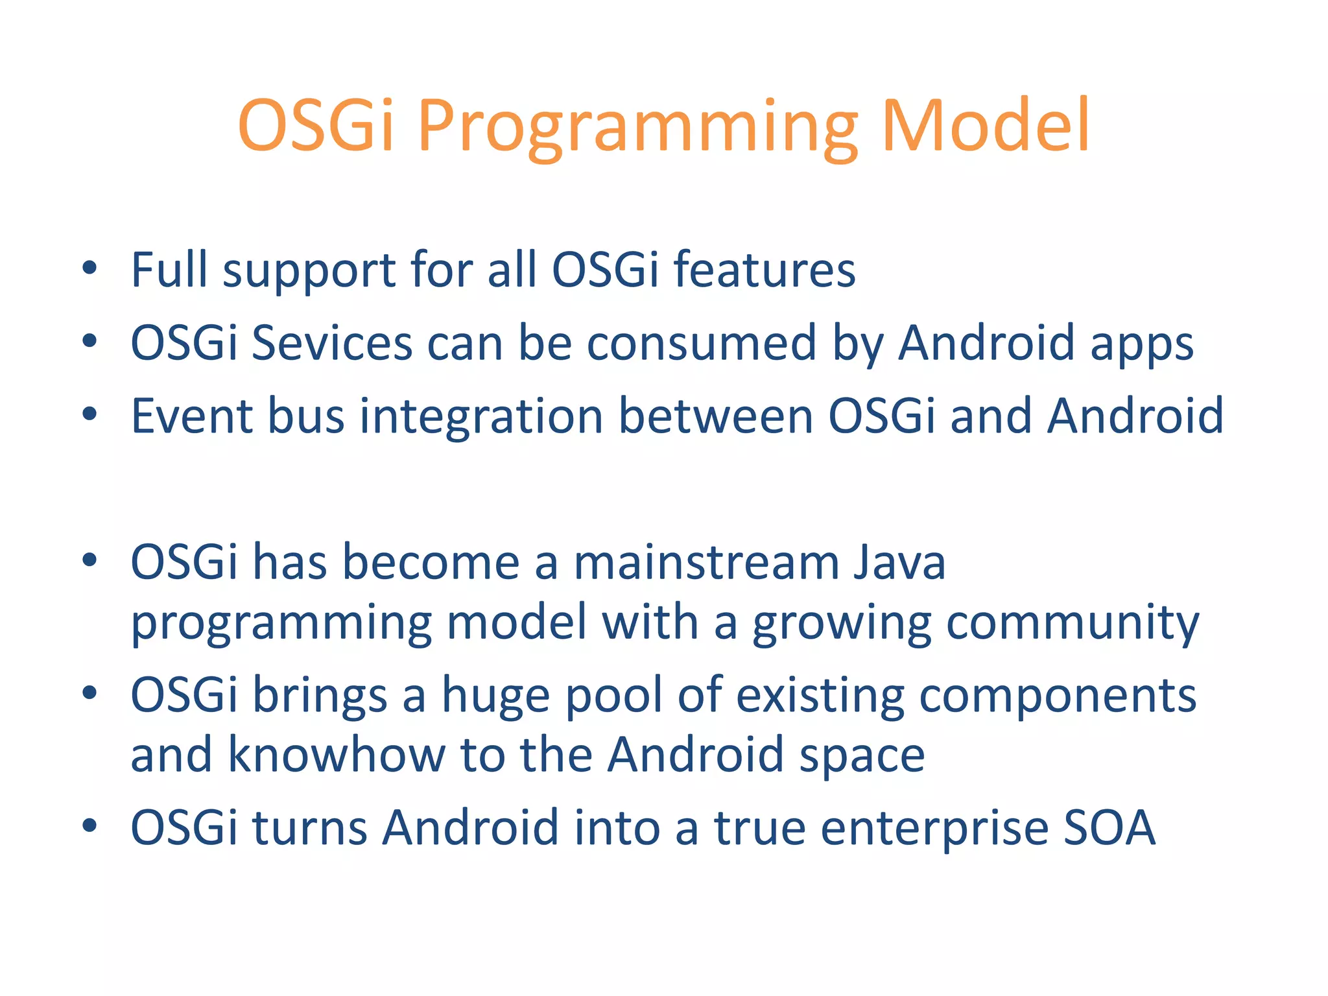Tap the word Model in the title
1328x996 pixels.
(986, 124)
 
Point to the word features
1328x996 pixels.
(765, 270)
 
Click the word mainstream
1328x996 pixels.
(705, 562)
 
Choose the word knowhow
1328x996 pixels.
(337, 755)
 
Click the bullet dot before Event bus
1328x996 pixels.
(89, 414)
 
